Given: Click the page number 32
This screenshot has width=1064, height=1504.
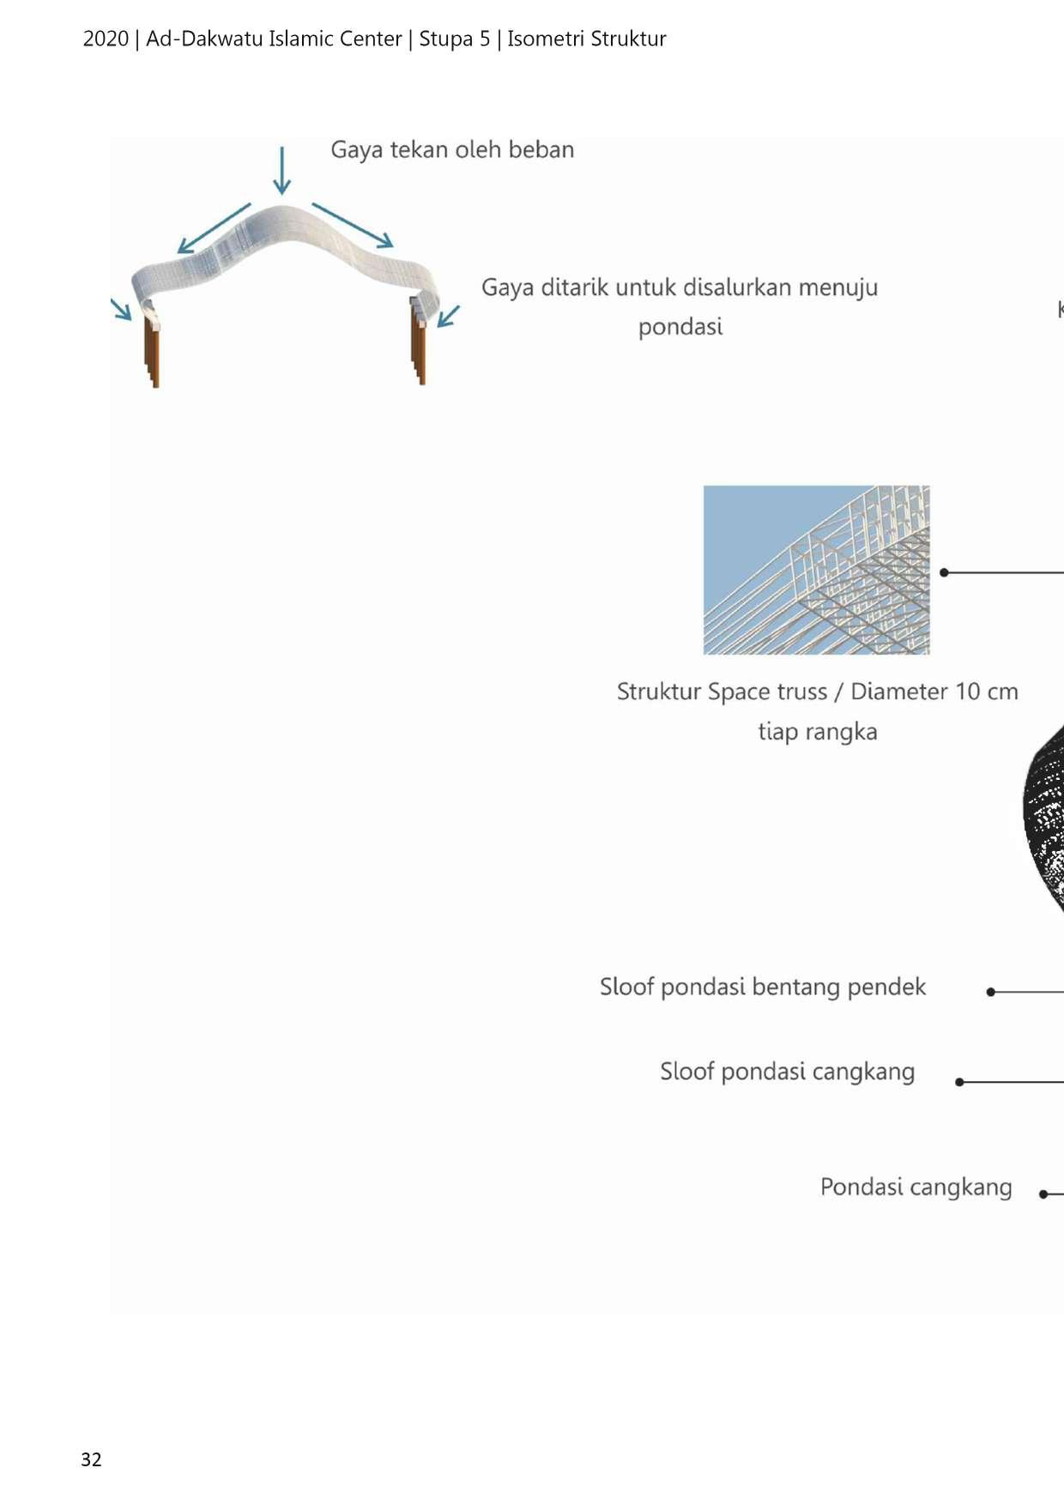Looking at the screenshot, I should pyautogui.click(x=91, y=1459).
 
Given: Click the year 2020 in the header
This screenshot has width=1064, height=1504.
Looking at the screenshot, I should pyautogui.click(x=106, y=39).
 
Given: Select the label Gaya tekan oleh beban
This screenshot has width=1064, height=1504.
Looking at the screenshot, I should pyautogui.click(x=452, y=149).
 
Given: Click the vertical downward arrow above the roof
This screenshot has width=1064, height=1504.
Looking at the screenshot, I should pyautogui.click(x=281, y=170).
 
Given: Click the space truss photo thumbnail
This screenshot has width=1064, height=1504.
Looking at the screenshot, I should pyautogui.click(x=816, y=570).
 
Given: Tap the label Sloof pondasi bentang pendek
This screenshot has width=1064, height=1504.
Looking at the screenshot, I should pyautogui.click(x=762, y=987).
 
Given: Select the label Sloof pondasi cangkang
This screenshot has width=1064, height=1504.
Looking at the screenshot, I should pyautogui.click(x=787, y=1072).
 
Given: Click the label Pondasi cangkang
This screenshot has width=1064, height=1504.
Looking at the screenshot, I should pyautogui.click(x=916, y=1187).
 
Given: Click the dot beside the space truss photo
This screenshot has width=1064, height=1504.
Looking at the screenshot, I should pyautogui.click(x=944, y=572).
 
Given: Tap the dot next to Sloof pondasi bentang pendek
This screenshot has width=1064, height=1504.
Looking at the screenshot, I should pyautogui.click(x=990, y=992).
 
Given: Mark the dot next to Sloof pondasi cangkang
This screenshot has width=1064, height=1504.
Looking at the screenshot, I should pyautogui.click(x=959, y=1082).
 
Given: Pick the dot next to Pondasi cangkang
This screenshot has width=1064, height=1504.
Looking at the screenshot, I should pyautogui.click(x=1043, y=1193).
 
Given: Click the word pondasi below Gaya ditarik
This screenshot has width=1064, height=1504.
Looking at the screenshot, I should pyautogui.click(x=680, y=327).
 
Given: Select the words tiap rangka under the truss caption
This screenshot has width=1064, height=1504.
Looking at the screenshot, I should pyautogui.click(x=817, y=732).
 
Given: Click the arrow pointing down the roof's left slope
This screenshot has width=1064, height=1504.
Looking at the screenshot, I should pyautogui.click(x=214, y=228).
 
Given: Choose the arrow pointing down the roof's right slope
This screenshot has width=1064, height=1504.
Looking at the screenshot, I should pyautogui.click(x=353, y=225).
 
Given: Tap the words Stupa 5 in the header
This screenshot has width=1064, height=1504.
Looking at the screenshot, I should pyautogui.click(x=454, y=39).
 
